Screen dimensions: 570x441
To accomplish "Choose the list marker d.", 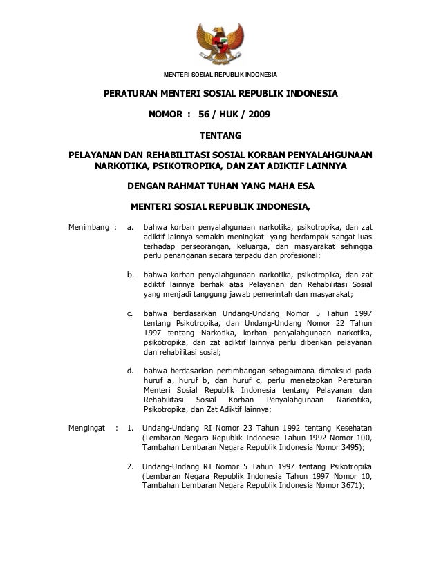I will click(131, 370).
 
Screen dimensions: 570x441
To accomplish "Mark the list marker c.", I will click(131, 313).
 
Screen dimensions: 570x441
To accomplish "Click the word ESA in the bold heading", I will click(303, 186).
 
